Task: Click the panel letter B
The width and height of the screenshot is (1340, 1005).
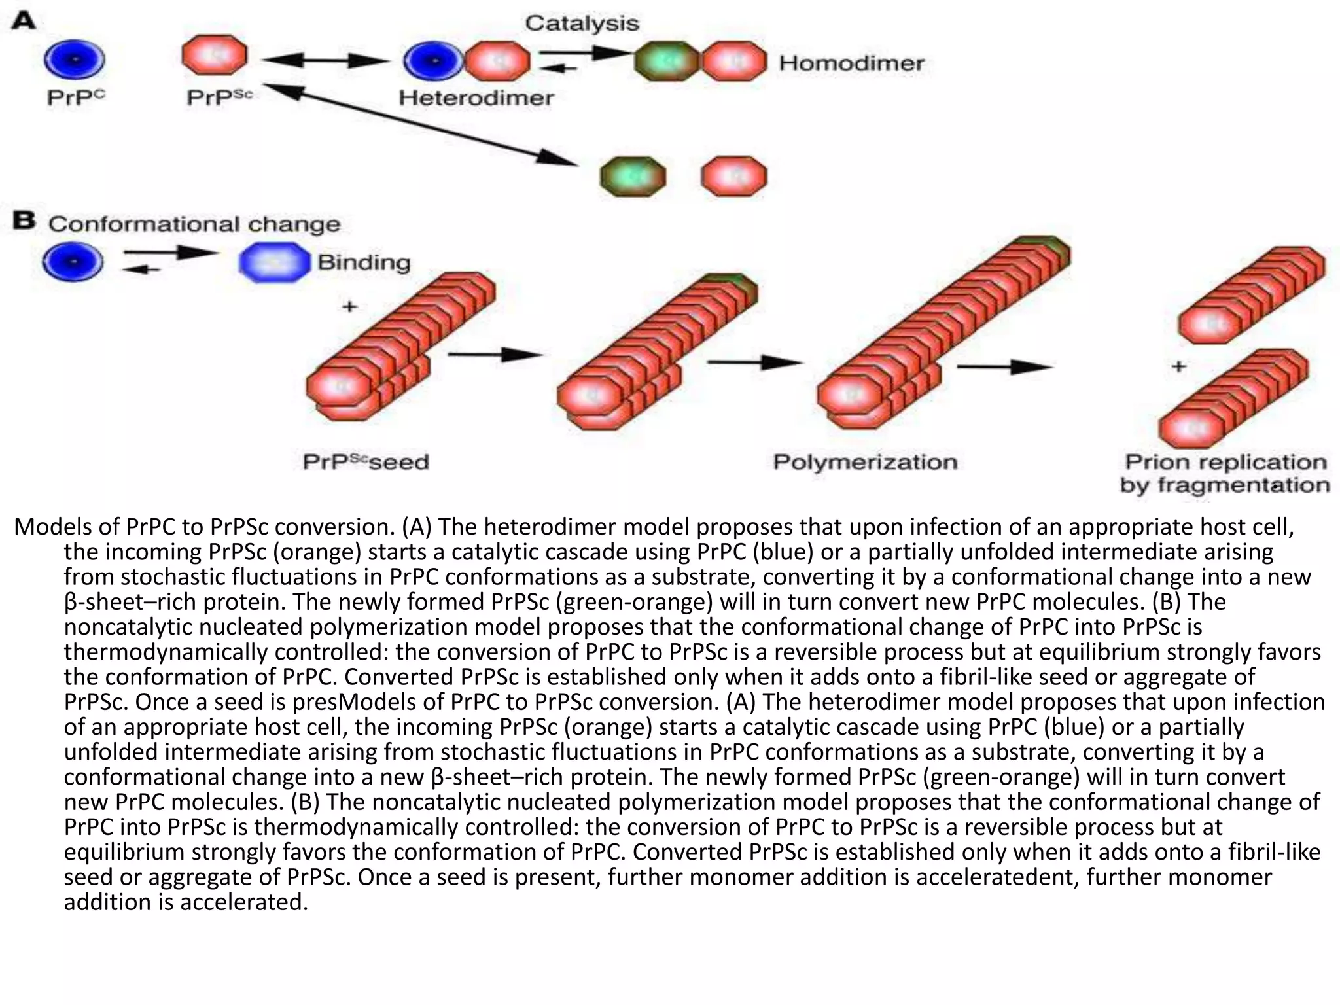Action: click(24, 221)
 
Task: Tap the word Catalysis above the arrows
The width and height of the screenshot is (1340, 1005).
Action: click(582, 24)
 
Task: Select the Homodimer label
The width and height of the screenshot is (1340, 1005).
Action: click(851, 63)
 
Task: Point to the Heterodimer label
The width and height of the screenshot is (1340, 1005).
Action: click(476, 98)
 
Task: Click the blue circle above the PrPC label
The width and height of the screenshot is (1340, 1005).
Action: click(74, 60)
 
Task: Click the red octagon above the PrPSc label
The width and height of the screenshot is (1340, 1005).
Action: click(215, 56)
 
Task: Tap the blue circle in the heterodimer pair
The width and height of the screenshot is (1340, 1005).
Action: click(432, 61)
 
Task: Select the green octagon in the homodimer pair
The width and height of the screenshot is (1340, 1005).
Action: click(667, 61)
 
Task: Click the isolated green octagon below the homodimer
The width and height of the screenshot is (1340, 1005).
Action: click(633, 177)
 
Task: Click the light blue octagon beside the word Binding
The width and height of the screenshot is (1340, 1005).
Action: click(274, 262)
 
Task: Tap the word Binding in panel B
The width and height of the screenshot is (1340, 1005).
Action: click(364, 262)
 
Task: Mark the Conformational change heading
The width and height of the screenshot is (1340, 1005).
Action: click(194, 224)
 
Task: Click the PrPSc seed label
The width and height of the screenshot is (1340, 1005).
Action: click(366, 462)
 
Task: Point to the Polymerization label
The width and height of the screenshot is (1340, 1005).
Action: click(865, 462)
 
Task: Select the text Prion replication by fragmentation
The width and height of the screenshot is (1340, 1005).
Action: click(1225, 474)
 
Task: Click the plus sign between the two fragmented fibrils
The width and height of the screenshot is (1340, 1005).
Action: click(1178, 366)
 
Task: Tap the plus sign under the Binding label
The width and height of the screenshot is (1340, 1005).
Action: click(350, 306)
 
